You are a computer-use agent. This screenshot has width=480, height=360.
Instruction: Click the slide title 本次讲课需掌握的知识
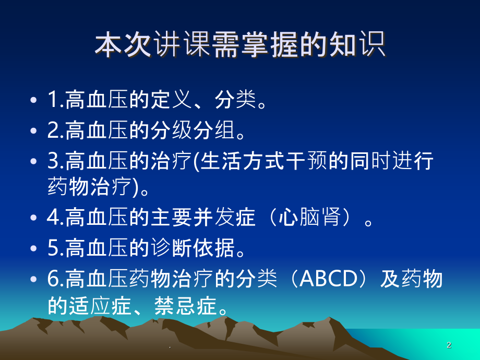point(240,45)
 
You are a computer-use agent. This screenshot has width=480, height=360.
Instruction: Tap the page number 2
point(449,345)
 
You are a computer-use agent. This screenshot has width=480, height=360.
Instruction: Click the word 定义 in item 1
point(172,100)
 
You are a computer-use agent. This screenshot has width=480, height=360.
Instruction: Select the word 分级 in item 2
point(172,130)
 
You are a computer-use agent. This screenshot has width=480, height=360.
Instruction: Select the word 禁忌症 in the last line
point(186,306)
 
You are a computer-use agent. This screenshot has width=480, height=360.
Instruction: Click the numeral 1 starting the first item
point(53,100)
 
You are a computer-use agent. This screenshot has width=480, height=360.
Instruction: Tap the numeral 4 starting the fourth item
point(53,218)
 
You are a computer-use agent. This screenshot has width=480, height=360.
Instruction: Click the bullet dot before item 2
point(33,130)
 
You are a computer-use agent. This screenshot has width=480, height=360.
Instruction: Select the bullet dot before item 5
point(33,248)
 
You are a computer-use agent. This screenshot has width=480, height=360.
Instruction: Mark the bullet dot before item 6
point(33,279)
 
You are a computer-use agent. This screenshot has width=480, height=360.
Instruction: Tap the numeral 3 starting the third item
point(53,161)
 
